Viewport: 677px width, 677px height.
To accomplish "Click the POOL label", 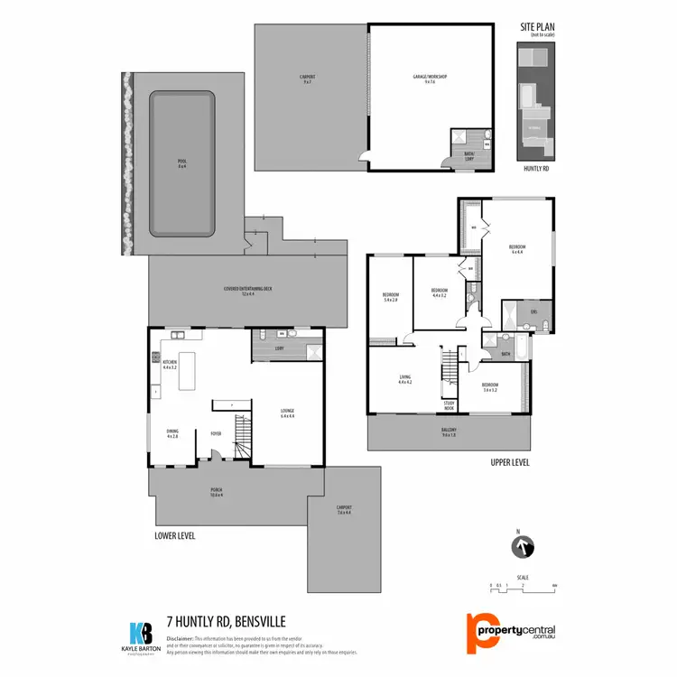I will click(x=181, y=164).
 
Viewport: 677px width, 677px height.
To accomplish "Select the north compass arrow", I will click(x=523, y=547).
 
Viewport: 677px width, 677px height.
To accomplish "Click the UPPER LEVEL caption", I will click(x=510, y=462).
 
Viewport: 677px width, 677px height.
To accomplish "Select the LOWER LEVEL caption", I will click(x=175, y=535).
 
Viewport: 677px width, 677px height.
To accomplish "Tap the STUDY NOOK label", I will click(x=449, y=406).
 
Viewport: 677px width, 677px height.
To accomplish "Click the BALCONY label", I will click(x=449, y=430).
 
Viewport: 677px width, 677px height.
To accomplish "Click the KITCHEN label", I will click(x=170, y=366).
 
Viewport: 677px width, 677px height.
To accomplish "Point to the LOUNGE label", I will click(x=288, y=414).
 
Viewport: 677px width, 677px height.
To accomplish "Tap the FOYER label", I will click(x=217, y=433).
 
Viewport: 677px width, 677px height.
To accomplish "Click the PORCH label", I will click(x=216, y=493).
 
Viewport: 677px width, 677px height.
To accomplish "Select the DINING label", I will click(x=172, y=432).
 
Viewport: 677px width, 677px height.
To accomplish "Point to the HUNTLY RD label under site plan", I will click(x=536, y=169).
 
